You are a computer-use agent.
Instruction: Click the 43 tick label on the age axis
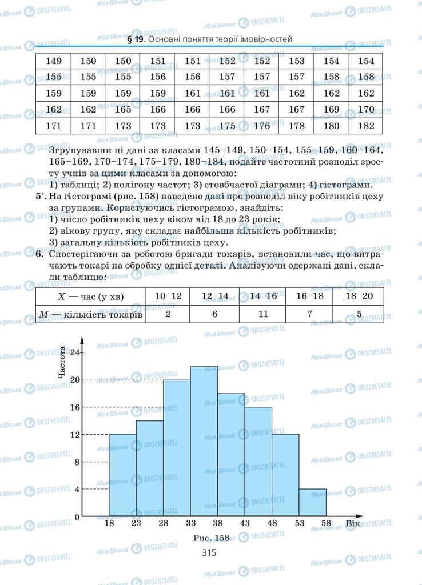coord(244,524)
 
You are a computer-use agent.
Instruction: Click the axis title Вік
coord(352,524)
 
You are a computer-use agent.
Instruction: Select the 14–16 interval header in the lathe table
coord(264,296)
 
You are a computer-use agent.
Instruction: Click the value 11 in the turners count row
coord(264,314)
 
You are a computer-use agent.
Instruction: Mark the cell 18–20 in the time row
coord(359,296)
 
